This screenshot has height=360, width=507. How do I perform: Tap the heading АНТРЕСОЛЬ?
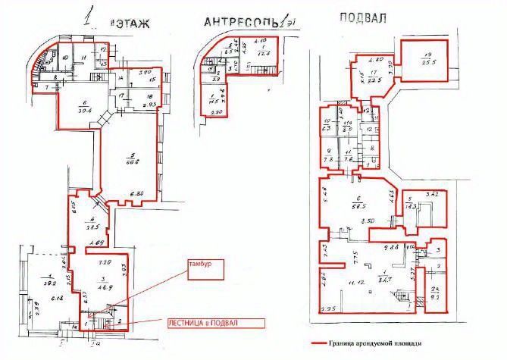point(238,22)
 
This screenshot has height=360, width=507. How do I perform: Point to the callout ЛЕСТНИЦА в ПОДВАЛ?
point(214,323)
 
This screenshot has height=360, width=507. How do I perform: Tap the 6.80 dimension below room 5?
point(137,195)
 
